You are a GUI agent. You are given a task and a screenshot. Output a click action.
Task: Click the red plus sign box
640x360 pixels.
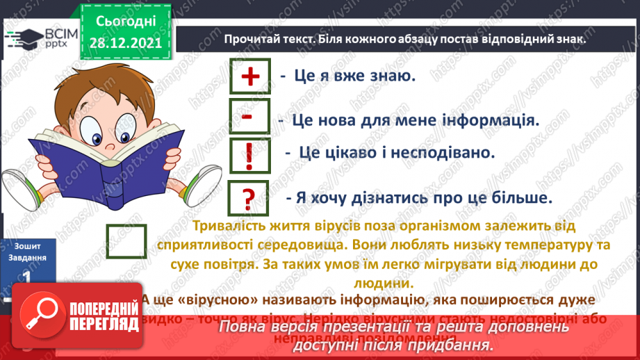pos(249,77)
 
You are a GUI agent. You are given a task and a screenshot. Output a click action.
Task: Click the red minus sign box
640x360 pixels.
pos(247,117)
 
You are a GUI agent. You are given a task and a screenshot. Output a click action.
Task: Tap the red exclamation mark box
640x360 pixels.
pos(249,157)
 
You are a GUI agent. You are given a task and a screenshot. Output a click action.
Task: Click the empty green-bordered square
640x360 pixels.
pos(126,242)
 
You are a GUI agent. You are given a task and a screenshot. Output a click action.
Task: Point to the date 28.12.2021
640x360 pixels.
pos(124,43)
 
